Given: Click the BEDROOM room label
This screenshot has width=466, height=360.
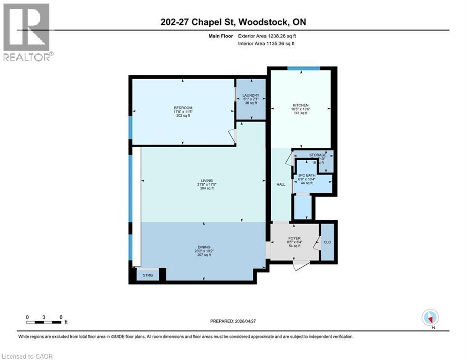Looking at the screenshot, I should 183,108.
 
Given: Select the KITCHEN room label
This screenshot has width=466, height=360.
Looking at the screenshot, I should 300,105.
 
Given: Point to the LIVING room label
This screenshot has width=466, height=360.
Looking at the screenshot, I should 207,180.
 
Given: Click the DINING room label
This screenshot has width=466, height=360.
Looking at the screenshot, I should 204,247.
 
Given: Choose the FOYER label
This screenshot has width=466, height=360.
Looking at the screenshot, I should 295,238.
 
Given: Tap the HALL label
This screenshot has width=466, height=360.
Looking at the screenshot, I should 281,184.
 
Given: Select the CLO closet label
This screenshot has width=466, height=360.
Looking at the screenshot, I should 327,242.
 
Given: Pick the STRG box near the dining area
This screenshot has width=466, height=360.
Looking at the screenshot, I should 148,276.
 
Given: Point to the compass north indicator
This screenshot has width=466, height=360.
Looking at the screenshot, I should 429,317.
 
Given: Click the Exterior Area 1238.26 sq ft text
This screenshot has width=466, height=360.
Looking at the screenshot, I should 267,36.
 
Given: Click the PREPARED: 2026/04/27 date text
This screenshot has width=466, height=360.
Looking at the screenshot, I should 233,321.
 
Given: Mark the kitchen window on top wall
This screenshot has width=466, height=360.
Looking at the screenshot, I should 303,68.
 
